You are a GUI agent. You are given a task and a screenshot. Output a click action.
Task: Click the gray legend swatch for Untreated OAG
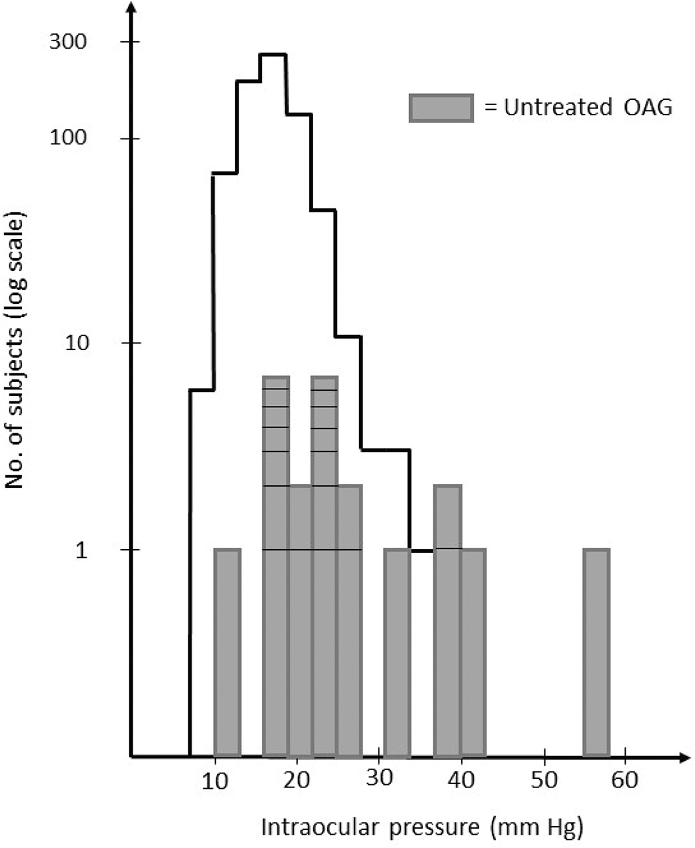[x=441, y=108]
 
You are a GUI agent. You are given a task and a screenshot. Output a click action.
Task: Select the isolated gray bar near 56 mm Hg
[x=596, y=652]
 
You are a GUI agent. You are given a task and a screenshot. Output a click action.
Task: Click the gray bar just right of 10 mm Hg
[x=227, y=652]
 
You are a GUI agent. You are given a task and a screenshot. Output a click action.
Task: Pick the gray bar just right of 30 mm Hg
[x=398, y=652]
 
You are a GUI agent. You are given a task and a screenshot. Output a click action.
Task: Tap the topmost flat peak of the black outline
[x=273, y=55]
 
